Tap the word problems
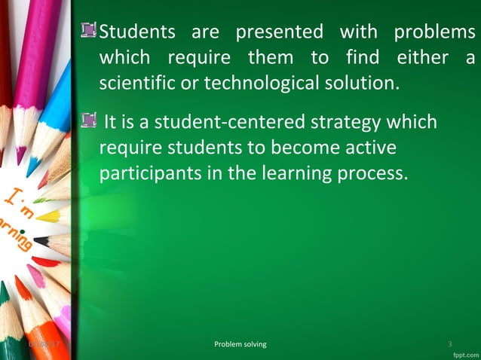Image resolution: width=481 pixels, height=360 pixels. coord(434,33)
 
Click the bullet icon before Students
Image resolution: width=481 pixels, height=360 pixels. coord(91,31)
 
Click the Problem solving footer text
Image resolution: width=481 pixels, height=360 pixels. coord(240,344)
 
